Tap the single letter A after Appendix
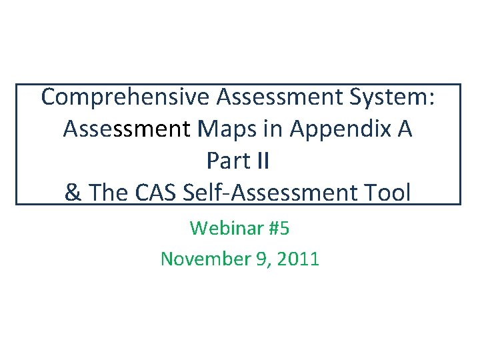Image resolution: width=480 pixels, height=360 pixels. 404,129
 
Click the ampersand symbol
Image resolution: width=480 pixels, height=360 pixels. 73,193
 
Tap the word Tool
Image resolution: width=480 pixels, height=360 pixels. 386,193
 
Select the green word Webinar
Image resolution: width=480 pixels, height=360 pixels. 225,229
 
